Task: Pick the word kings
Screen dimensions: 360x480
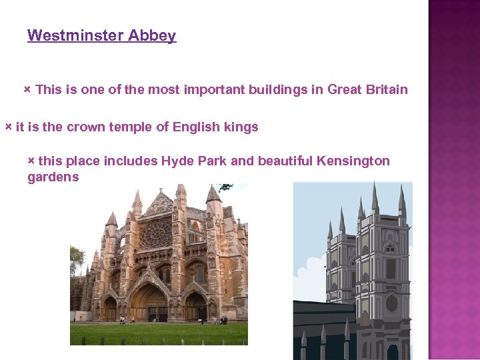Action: click(x=241, y=127)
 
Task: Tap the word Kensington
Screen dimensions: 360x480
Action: click(x=353, y=161)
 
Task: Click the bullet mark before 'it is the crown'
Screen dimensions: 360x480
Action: click(x=8, y=126)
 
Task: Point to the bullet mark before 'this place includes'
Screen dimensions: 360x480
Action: click(x=31, y=160)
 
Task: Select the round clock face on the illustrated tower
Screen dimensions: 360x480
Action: click(x=391, y=303)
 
